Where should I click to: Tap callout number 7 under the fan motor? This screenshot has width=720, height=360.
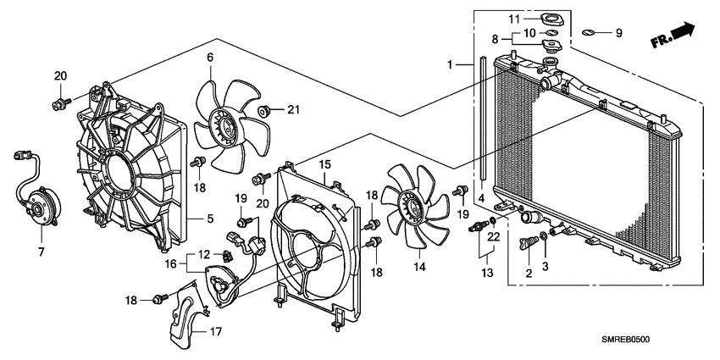point(40,252)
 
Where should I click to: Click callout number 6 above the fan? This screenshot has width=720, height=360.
point(209,58)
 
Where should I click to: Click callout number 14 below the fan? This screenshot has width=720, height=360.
point(418,266)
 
